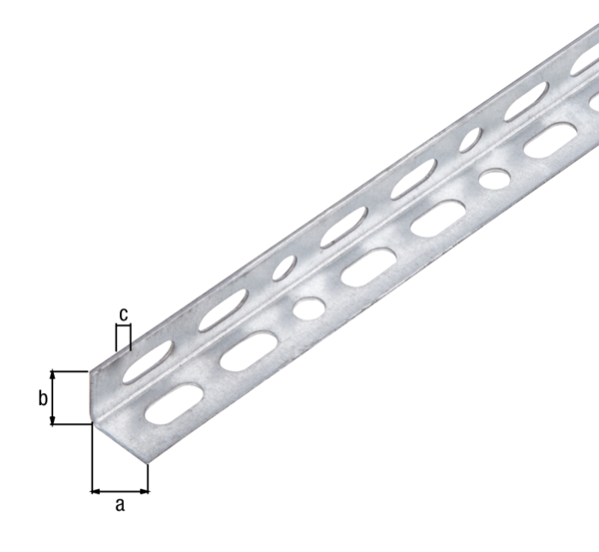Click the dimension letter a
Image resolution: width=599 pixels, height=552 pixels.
[x=120, y=505]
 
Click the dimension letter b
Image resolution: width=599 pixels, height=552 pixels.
[x=43, y=398]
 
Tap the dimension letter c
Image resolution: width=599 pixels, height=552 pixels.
[x=123, y=314]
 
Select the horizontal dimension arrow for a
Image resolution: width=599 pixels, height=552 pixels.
[x=120, y=490]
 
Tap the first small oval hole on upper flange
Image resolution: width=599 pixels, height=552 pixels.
[x=287, y=268]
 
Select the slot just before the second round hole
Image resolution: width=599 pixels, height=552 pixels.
[x=437, y=219]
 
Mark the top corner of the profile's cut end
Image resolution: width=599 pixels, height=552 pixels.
[x=91, y=370]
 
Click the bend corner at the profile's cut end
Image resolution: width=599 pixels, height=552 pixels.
[x=91, y=424]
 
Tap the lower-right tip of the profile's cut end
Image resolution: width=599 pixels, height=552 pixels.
[x=148, y=463]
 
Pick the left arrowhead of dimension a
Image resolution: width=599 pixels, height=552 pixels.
[x=95, y=490]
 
